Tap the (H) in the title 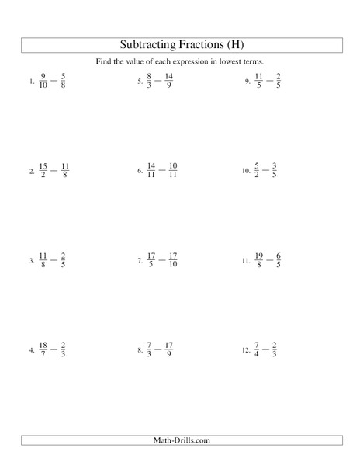coord(230,44)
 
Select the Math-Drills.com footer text coord(180,441)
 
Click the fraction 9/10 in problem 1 coord(43,81)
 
